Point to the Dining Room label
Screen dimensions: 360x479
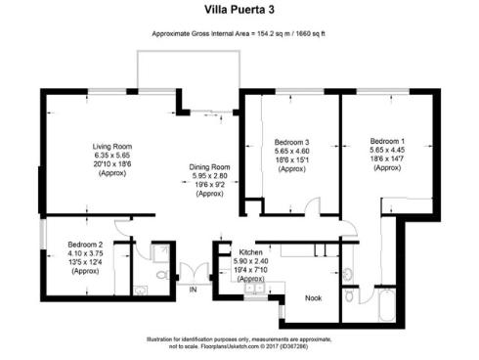(x=209, y=166)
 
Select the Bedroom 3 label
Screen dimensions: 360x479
(x=292, y=142)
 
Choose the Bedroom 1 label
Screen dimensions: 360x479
(x=388, y=141)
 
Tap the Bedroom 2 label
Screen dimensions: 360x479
(x=85, y=244)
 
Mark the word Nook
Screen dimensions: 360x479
(x=313, y=298)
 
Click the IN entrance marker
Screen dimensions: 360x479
(x=193, y=291)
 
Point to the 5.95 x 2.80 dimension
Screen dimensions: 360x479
(x=209, y=176)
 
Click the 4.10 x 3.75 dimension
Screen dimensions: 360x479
(x=85, y=252)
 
